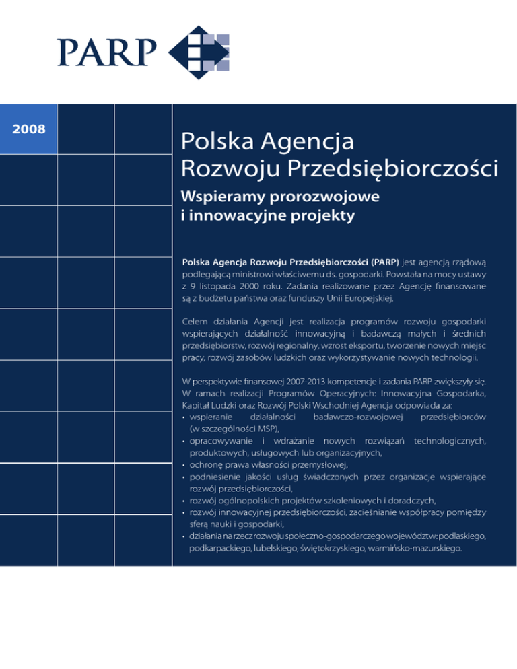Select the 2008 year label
click(x=30, y=128)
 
